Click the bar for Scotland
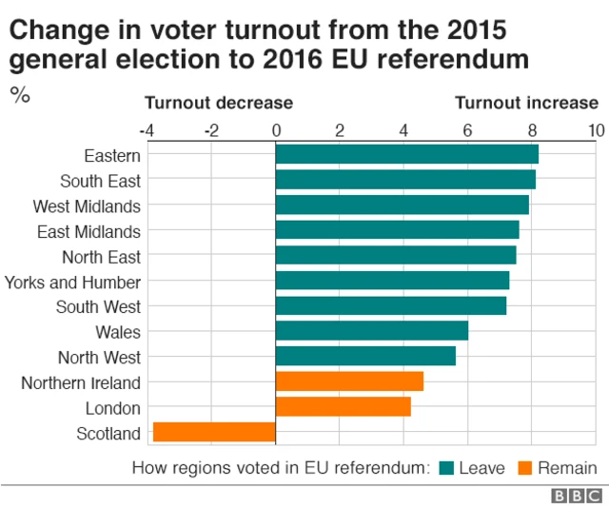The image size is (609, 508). tap(214, 432)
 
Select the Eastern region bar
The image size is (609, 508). tap(406, 154)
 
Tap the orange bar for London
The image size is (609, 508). tap(343, 407)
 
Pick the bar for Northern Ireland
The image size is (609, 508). tap(349, 381)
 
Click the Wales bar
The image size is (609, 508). tap(371, 331)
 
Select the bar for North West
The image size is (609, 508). tap(365, 357)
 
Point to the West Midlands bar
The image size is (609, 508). tap(402, 205)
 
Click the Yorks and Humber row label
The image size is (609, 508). tap(72, 282)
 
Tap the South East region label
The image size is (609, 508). tap(100, 180)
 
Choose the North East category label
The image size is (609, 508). tap(101, 256)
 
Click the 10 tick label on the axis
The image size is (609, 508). tap(596, 129)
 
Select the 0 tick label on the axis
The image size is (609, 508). tap(276, 129)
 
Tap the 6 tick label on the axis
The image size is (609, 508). tap(468, 129)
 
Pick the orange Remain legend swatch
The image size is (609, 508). tap(524, 467)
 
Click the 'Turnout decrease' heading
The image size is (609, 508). tap(218, 103)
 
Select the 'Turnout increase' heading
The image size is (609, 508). tap(526, 103)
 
